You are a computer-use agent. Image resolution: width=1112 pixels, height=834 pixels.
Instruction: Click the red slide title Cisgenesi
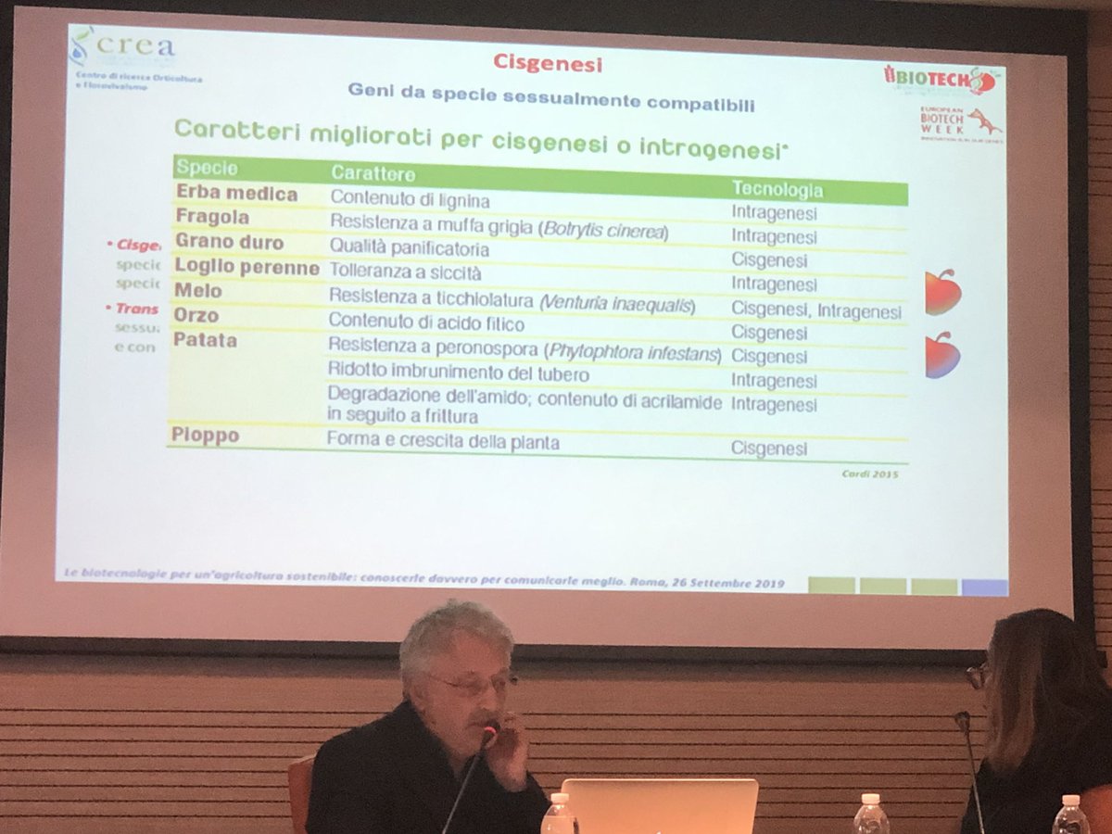(547, 63)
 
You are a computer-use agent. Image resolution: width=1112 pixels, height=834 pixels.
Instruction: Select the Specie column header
(207, 169)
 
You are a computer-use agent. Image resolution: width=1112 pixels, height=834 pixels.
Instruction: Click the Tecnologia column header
(777, 189)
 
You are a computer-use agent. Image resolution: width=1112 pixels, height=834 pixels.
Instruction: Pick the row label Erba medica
(237, 195)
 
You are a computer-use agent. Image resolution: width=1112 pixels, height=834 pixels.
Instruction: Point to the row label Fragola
(213, 217)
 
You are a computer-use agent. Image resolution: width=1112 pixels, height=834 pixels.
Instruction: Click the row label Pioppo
(205, 435)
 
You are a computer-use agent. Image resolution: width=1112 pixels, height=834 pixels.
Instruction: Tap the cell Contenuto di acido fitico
(426, 323)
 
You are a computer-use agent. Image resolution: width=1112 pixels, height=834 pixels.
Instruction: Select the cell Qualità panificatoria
(410, 249)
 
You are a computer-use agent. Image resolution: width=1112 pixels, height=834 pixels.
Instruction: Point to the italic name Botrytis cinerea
(607, 232)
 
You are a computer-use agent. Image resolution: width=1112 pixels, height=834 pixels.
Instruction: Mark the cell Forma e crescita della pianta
(443, 442)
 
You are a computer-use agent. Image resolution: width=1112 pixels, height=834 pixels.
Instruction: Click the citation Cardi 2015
(870, 474)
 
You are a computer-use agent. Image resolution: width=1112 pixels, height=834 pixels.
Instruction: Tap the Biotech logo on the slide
(940, 79)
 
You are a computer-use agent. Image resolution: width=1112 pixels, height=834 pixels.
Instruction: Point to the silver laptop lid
(659, 803)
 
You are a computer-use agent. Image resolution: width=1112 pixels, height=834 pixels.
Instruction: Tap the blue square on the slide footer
(984, 587)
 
